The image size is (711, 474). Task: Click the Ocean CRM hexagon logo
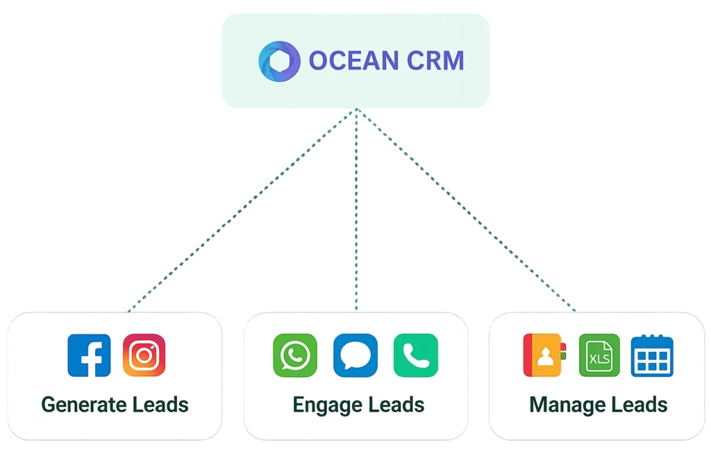pyautogui.click(x=279, y=60)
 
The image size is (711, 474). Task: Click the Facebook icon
pyautogui.click(x=89, y=355)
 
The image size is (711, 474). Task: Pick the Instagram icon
pyautogui.click(x=144, y=355)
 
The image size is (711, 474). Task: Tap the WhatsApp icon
pyautogui.click(x=295, y=355)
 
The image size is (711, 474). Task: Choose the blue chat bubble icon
pyautogui.click(x=355, y=355)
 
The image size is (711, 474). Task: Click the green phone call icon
pyautogui.click(x=415, y=355)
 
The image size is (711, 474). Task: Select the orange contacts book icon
pyautogui.click(x=544, y=355)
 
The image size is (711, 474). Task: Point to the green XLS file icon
pyautogui.click(x=599, y=355)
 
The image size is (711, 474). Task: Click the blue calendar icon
pyautogui.click(x=652, y=355)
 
